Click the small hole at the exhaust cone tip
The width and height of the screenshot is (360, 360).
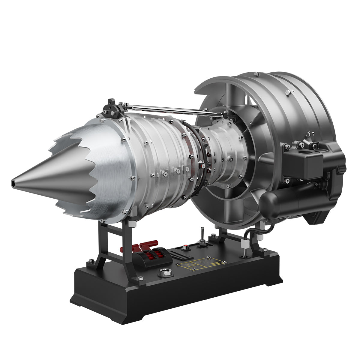point(13,182)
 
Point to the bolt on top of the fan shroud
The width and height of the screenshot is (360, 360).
point(255,74)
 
